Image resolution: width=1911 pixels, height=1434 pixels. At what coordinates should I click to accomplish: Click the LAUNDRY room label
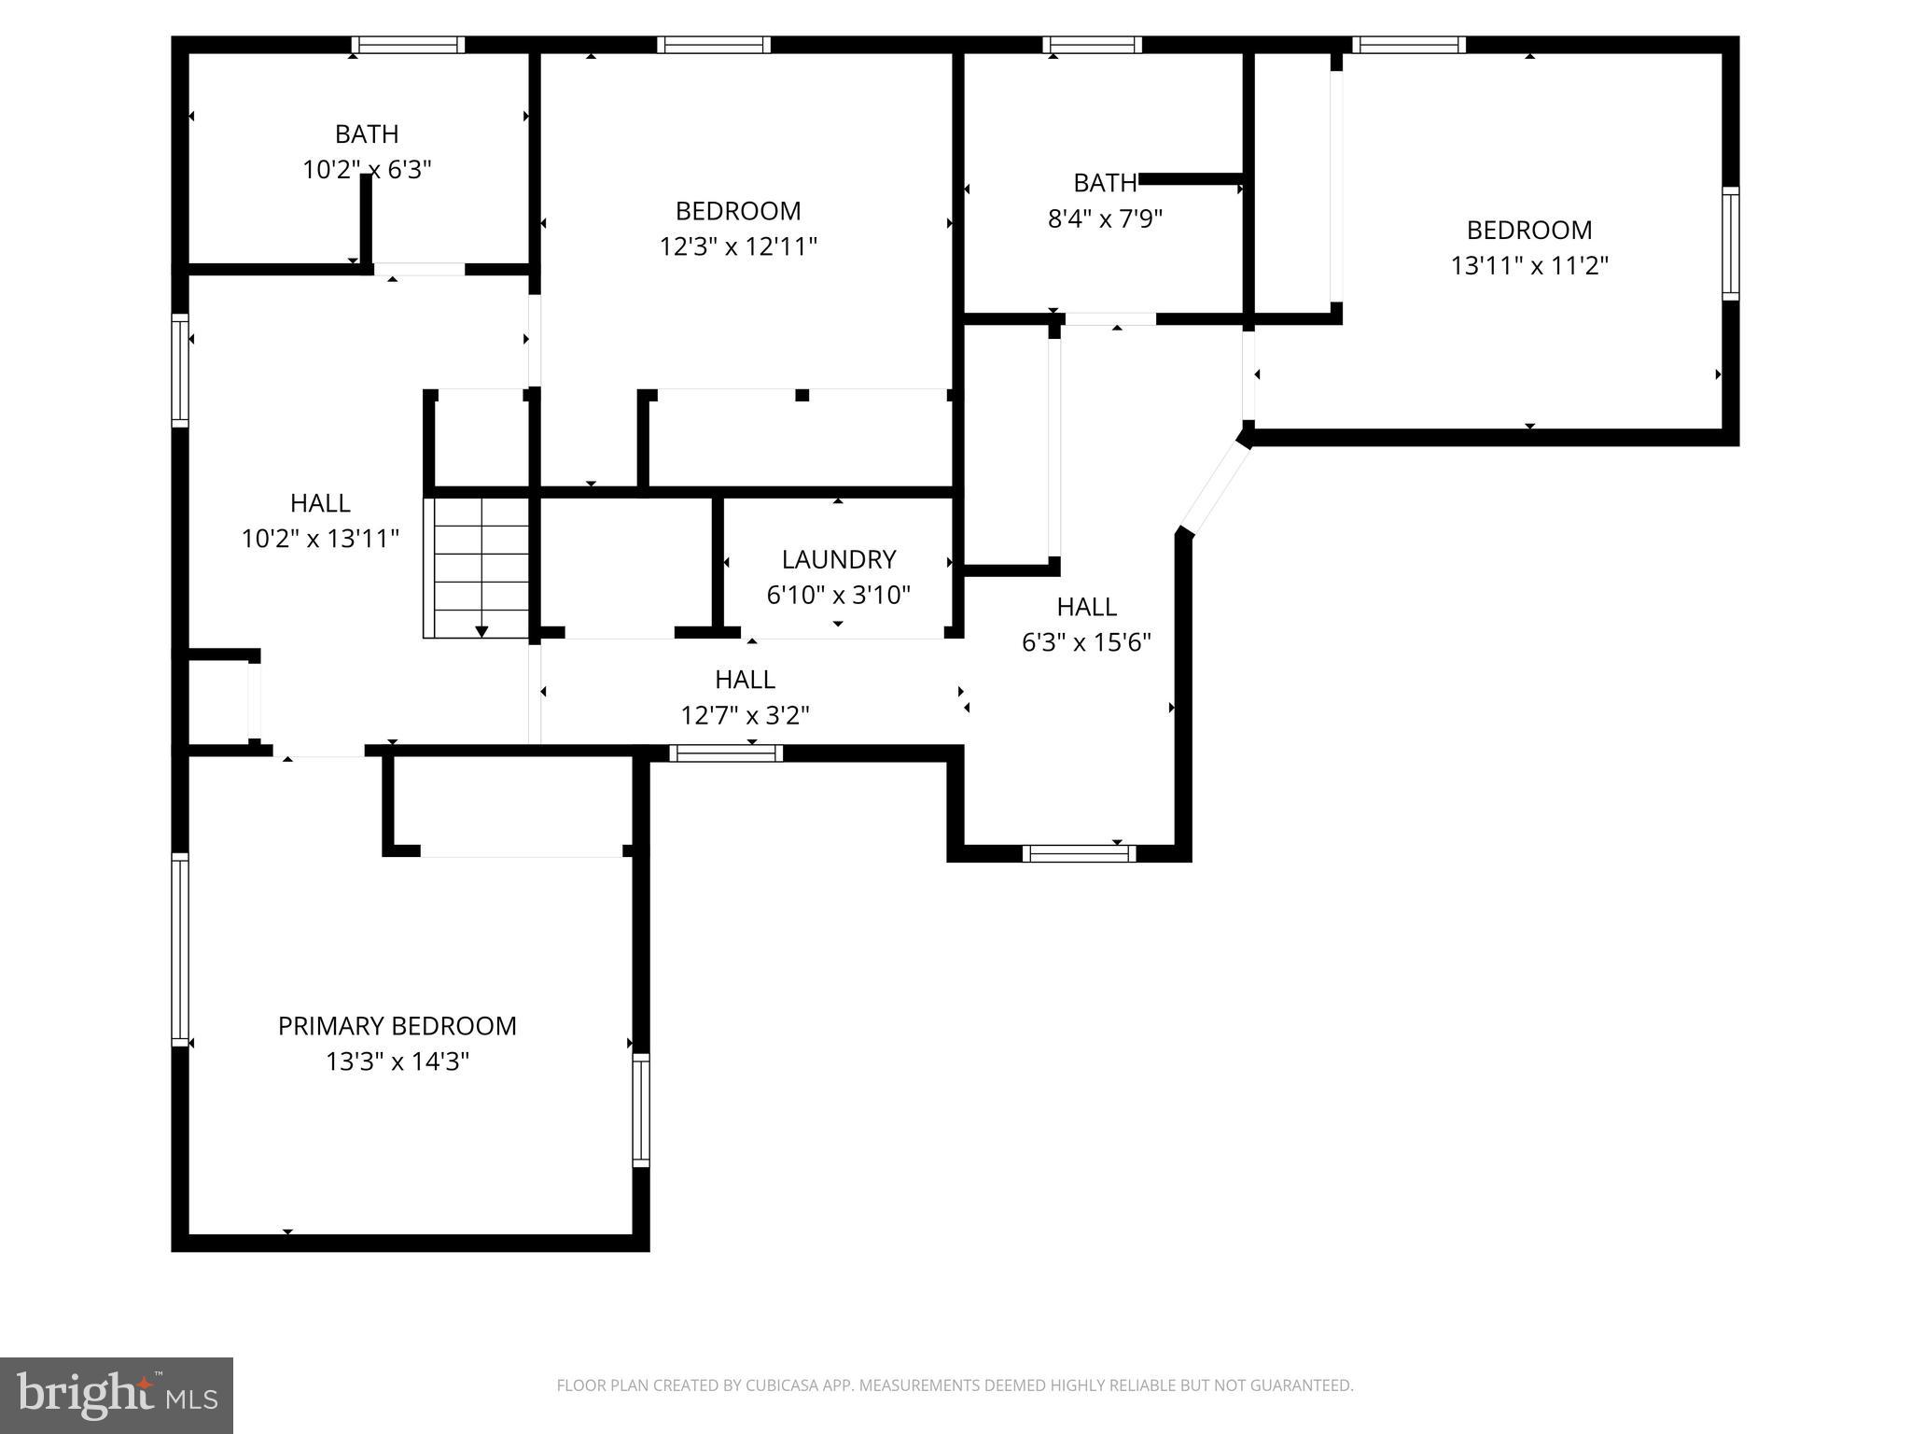(838, 559)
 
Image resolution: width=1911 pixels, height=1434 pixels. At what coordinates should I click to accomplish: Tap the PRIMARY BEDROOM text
(397, 1026)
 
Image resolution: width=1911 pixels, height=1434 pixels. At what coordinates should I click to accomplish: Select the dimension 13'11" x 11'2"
(1529, 266)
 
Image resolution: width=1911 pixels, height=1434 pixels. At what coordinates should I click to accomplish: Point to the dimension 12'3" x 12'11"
(738, 247)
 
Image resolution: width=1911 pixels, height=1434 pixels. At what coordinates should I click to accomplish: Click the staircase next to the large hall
(477, 568)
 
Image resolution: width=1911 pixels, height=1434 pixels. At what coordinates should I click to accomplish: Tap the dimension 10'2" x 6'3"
(367, 170)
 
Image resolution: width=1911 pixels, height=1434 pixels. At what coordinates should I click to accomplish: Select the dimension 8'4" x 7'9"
(1105, 219)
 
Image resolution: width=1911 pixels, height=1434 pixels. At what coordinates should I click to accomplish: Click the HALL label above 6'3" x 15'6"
(1086, 607)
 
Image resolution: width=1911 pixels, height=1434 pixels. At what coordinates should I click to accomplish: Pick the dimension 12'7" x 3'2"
(745, 716)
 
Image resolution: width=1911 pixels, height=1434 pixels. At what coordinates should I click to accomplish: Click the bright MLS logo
(117, 1396)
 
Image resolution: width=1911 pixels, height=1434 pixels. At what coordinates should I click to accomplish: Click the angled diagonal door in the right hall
(1214, 487)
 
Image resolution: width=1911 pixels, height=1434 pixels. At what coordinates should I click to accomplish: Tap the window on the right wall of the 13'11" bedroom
(1730, 243)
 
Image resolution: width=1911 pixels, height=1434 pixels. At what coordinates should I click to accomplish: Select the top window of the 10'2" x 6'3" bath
(408, 45)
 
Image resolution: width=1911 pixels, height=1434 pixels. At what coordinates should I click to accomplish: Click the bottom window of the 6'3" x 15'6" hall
(1079, 853)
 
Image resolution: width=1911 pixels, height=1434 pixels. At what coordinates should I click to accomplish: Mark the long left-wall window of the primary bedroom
(180, 949)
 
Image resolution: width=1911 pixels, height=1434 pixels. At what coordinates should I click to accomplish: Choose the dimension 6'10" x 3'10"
(838, 596)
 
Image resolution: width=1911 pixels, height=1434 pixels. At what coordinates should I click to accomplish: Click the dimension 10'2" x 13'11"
(320, 540)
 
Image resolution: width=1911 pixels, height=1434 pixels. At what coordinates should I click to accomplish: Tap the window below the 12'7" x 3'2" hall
(726, 753)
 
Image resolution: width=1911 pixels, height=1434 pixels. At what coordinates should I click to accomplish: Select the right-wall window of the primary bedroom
(641, 1110)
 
